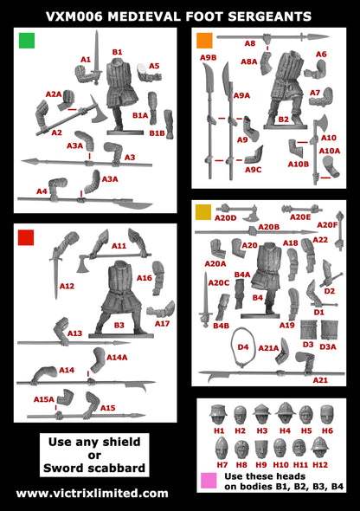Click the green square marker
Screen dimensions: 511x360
(27, 40)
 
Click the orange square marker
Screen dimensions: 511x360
(204, 41)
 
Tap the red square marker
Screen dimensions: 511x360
(27, 236)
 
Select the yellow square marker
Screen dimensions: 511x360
(204, 213)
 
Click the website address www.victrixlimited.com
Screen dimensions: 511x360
(93, 493)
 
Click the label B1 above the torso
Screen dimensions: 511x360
(117, 52)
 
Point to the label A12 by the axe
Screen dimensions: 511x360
(67, 285)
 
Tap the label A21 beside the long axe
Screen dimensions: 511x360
(320, 379)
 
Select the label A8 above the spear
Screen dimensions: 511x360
(249, 43)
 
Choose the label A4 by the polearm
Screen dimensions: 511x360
(42, 191)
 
